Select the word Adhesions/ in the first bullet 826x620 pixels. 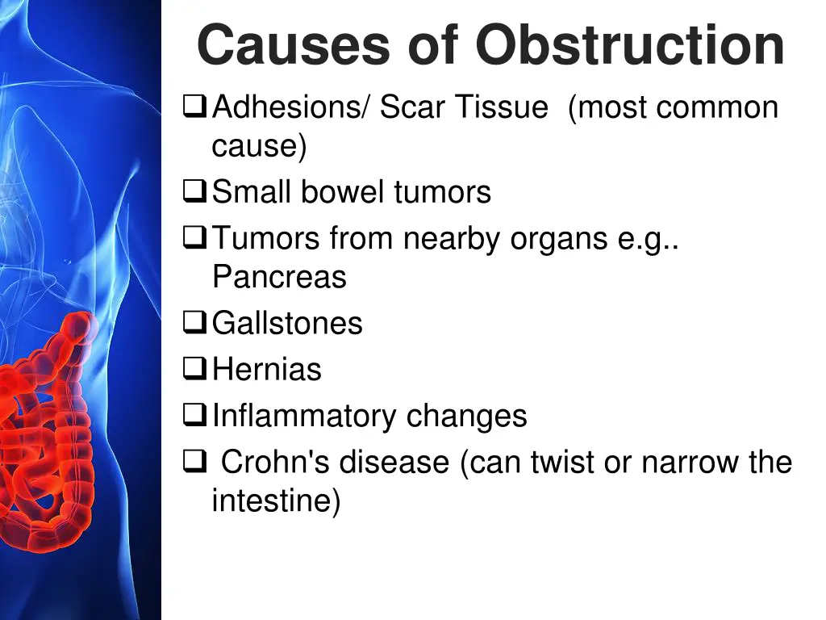click(x=291, y=107)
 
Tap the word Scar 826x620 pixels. click(x=412, y=107)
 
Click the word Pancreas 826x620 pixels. click(x=279, y=277)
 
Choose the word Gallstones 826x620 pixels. click(x=287, y=323)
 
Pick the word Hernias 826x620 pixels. click(x=267, y=370)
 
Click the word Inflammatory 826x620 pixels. click(x=304, y=417)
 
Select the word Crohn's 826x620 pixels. click(x=276, y=463)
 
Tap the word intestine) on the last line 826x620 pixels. click(x=276, y=501)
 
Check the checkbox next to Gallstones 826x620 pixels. click(x=194, y=323)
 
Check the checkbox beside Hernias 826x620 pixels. click(x=194, y=370)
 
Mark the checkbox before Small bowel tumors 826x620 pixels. click(x=194, y=192)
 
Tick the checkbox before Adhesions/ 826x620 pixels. click(x=194, y=107)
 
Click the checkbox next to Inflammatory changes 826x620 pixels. click(x=194, y=417)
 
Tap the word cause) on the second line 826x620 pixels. click(x=260, y=147)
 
